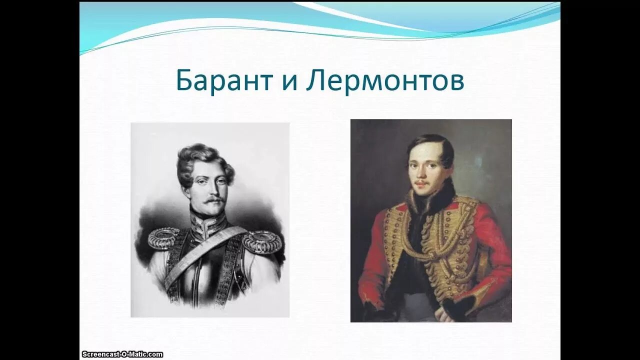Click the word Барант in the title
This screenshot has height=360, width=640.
(x=223, y=81)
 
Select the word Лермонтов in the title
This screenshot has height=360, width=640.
(x=385, y=81)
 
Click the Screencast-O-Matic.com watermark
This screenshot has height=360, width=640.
(x=122, y=354)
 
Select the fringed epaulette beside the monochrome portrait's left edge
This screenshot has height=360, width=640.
(x=163, y=238)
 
